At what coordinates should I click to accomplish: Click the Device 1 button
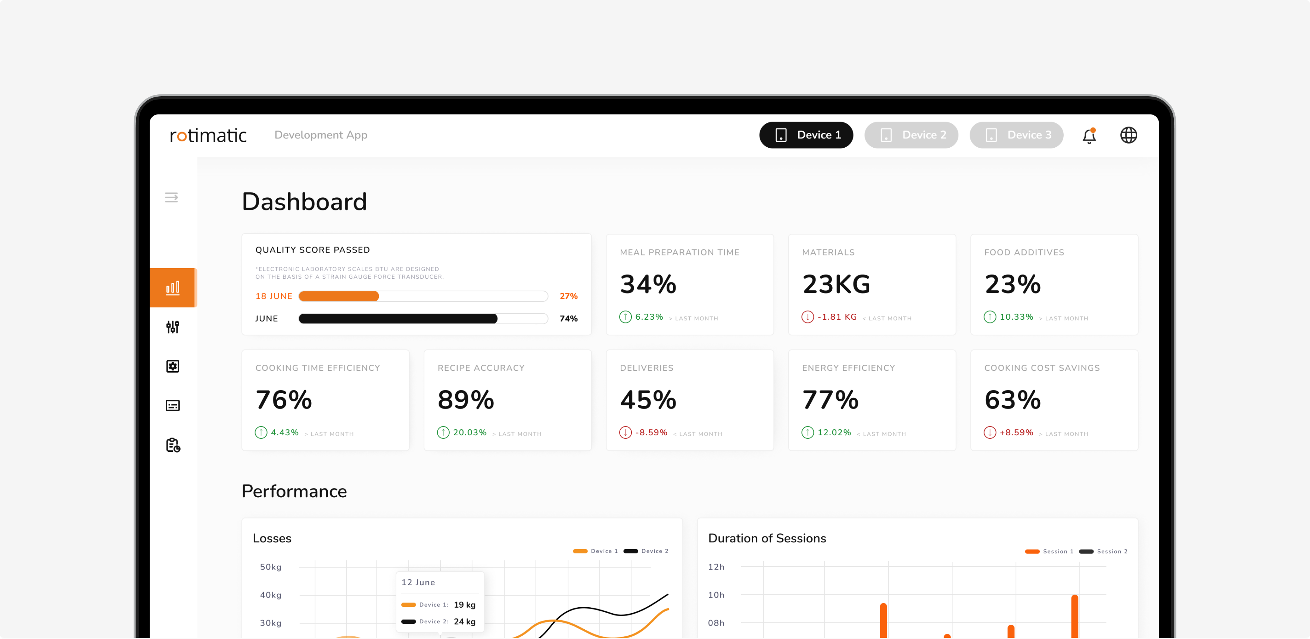click(x=806, y=135)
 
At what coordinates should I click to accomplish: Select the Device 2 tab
click(x=911, y=135)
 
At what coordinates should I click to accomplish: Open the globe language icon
click(x=1129, y=135)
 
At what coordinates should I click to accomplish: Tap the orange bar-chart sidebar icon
click(x=173, y=288)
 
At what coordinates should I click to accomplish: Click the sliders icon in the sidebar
click(x=173, y=327)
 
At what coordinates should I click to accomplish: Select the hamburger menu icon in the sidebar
click(x=171, y=197)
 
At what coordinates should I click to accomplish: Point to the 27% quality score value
click(x=568, y=296)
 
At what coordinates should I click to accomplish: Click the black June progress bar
click(x=398, y=319)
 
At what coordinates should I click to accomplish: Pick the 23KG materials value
click(x=836, y=284)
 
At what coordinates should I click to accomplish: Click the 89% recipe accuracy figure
click(x=466, y=400)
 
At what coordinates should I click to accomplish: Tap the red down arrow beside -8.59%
click(x=626, y=433)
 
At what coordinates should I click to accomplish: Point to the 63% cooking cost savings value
click(x=1013, y=400)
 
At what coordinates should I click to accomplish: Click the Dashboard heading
click(x=304, y=202)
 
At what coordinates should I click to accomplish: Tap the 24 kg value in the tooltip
click(x=465, y=622)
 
